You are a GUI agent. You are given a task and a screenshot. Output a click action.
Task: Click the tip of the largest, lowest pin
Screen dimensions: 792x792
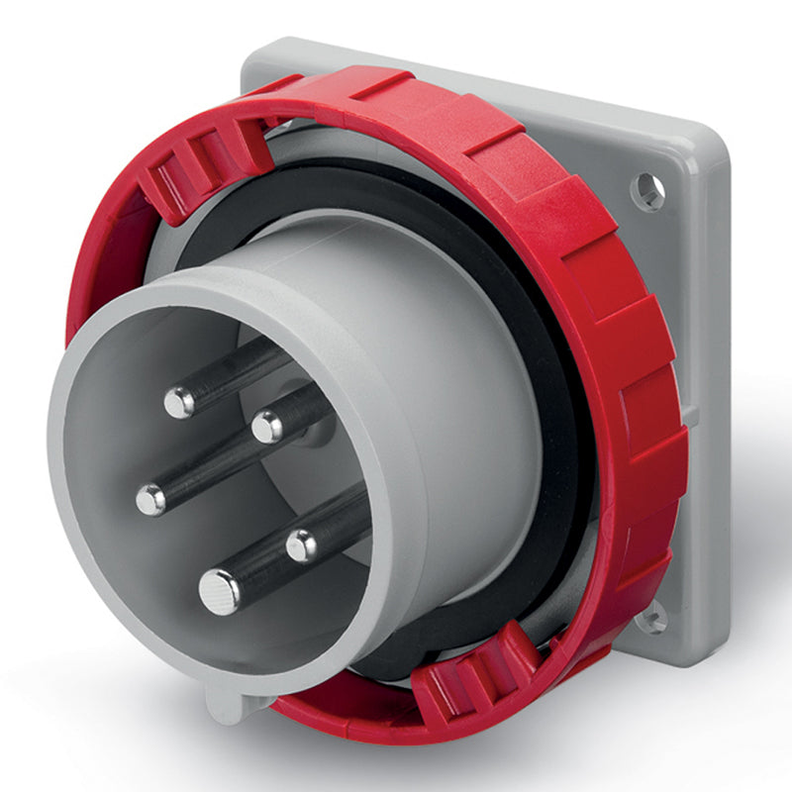pos(219,592)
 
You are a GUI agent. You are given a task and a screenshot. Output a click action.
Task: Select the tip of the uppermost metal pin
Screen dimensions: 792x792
pos(179,401)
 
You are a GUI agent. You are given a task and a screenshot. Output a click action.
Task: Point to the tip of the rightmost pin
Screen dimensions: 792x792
pos(302,544)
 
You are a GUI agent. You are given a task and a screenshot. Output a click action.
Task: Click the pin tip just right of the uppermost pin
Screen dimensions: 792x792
pos(267,427)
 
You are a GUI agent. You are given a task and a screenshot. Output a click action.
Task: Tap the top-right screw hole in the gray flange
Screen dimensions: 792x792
pos(647,191)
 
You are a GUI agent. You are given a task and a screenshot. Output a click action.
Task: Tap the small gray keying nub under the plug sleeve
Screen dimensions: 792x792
pos(227,704)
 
